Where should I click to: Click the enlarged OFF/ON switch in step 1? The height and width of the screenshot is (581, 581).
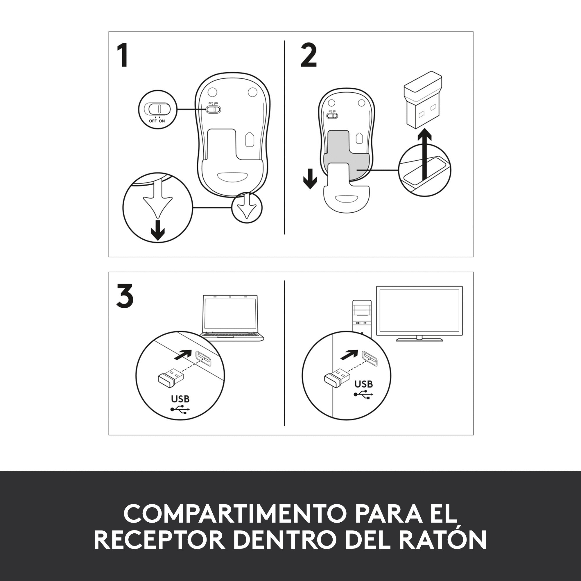pyautogui.click(x=157, y=109)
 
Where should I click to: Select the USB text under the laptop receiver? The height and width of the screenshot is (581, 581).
pyautogui.click(x=180, y=399)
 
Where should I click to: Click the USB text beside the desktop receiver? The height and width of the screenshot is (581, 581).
pyautogui.click(x=364, y=384)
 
